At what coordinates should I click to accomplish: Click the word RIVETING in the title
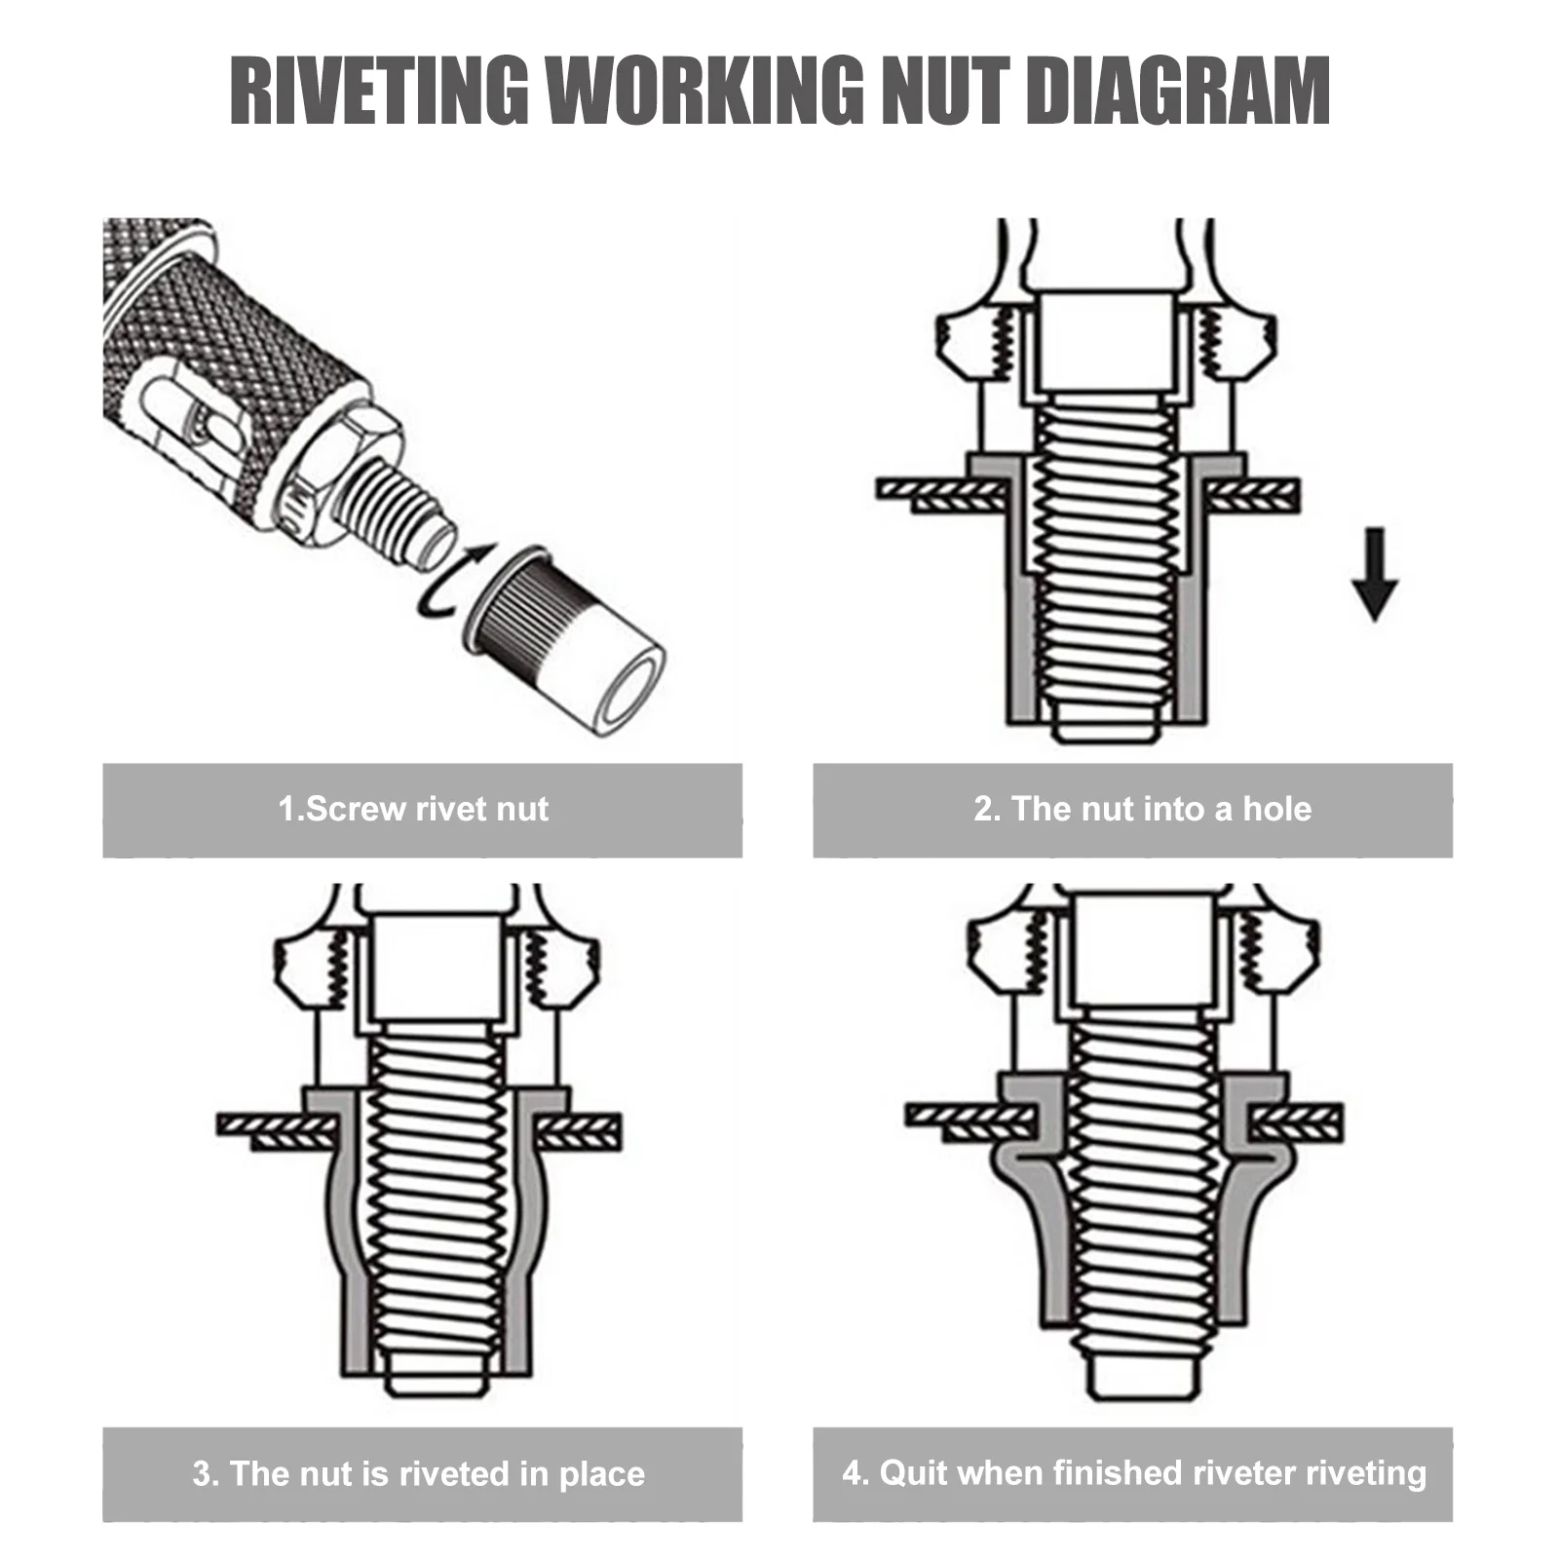point(379,90)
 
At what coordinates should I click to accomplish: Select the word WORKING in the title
point(703,90)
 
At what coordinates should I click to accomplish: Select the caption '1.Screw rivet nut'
point(413,809)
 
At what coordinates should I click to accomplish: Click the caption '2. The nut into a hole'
point(1142,809)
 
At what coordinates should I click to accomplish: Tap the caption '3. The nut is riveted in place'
point(419,1472)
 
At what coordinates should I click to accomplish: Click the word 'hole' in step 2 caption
point(1276,809)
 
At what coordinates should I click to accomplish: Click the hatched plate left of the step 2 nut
point(935,493)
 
